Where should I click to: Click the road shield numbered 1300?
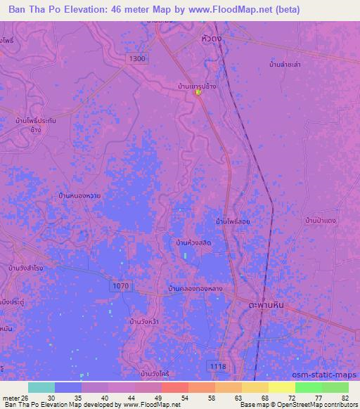pos(138,59)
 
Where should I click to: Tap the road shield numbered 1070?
pos(120,286)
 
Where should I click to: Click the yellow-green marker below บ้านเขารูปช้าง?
pos(199,93)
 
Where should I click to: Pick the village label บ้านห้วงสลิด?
pos(194,242)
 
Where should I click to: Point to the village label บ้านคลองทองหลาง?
pos(196,288)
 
